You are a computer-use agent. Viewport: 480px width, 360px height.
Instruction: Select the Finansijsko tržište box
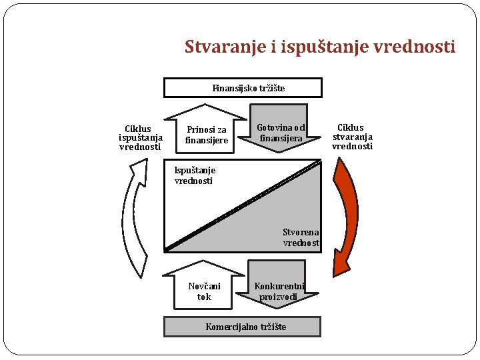pyautogui.click(x=243, y=88)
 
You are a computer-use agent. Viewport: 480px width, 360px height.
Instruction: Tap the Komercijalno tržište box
pyautogui.click(x=243, y=326)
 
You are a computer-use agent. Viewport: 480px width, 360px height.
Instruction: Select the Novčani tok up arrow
pyautogui.click(x=204, y=287)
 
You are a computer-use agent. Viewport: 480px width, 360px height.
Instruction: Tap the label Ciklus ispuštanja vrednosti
pyautogui.click(x=140, y=138)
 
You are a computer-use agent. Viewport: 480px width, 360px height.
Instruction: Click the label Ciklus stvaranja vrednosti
pyautogui.click(x=351, y=137)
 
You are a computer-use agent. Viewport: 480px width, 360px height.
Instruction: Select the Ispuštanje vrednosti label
pyautogui.click(x=194, y=175)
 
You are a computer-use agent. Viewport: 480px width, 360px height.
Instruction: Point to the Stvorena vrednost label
pyautogui.click(x=301, y=238)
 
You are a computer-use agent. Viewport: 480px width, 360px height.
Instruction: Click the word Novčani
pyautogui.click(x=204, y=287)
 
